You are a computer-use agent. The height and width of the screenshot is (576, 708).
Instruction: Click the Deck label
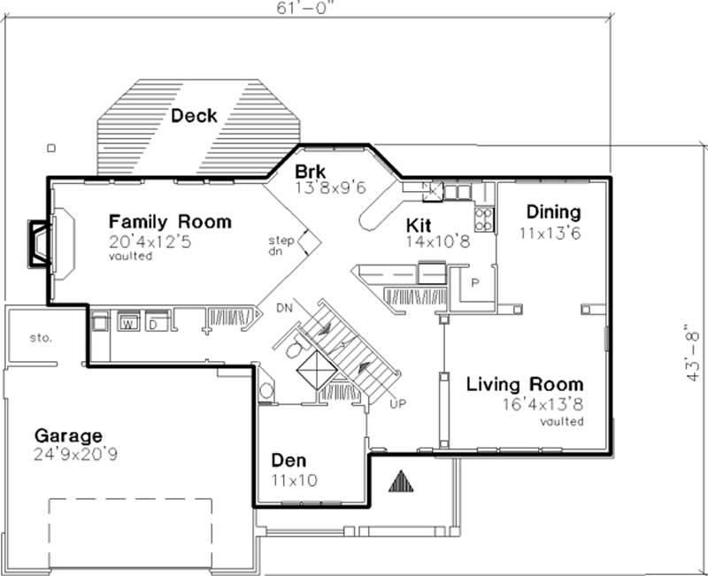(x=194, y=116)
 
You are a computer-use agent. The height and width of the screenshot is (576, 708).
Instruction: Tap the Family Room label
(x=170, y=221)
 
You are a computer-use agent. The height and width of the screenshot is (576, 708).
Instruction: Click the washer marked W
(x=127, y=321)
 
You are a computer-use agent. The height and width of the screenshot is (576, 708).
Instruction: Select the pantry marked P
(x=474, y=284)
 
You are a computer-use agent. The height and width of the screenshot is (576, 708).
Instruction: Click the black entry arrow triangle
(x=402, y=480)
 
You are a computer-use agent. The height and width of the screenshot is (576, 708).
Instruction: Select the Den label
(x=289, y=461)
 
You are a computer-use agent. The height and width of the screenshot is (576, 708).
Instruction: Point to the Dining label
(x=553, y=212)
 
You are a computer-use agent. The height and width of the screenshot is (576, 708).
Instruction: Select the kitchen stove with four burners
(x=484, y=219)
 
